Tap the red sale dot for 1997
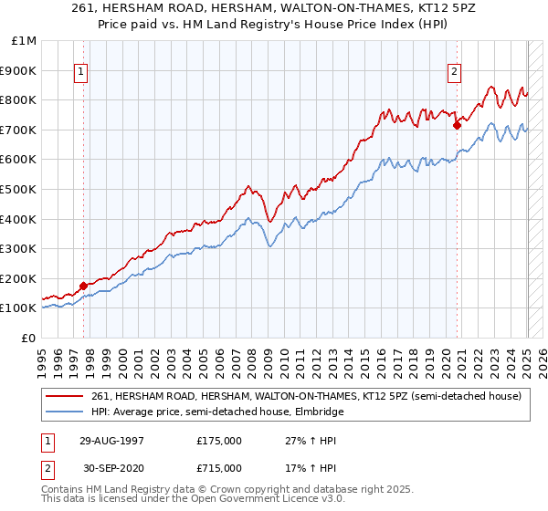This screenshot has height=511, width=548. tap(83, 286)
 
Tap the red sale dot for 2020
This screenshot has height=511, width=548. tap(457, 126)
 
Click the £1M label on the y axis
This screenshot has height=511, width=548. tap(24, 40)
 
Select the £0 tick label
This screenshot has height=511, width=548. tap(29, 338)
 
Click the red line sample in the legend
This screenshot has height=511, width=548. tap(66, 396)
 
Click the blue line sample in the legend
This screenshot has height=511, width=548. tap(66, 412)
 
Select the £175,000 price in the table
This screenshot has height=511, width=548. tap(219, 441)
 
